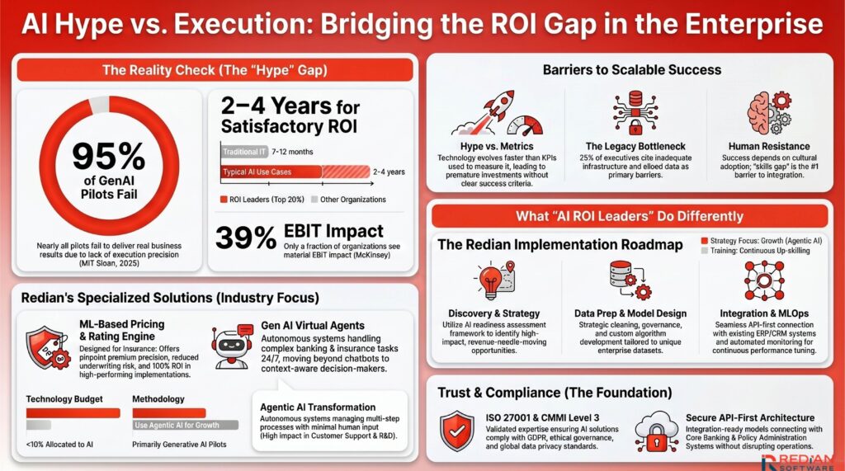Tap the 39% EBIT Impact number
[x=245, y=238]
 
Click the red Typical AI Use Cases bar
[x=271, y=172]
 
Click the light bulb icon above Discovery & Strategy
[x=494, y=280]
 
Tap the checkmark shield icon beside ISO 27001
[x=457, y=430]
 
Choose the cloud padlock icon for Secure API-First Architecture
[x=657, y=430]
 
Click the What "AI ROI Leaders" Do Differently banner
[x=630, y=216]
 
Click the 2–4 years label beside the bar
[x=389, y=172]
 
